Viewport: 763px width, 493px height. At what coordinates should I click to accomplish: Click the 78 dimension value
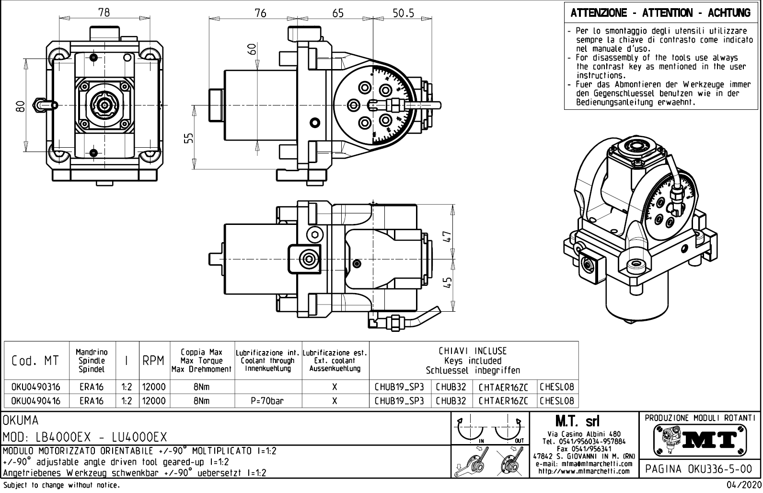pos(104,13)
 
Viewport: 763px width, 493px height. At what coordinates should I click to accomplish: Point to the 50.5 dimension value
pos(404,13)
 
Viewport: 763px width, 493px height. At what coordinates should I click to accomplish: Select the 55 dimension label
pos(189,138)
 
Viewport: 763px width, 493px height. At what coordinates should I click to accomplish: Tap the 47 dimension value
pos(448,237)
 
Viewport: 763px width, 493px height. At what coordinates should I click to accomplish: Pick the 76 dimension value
pos(260,13)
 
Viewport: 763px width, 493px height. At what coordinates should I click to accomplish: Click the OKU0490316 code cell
pos(36,387)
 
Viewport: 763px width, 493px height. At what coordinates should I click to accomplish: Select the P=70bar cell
pos(268,401)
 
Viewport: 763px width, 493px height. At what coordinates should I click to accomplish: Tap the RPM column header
pos(153,361)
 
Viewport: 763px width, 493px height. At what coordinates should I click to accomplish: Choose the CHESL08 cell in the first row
pos(557,387)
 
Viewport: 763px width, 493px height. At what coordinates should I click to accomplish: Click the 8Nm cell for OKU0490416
pos(201,401)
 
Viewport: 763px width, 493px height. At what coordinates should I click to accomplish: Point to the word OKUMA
pos(21,421)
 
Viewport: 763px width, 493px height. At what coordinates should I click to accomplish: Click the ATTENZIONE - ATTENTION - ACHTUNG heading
pos(660,13)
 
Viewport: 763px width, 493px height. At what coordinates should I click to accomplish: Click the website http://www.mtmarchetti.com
pos(584,471)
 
